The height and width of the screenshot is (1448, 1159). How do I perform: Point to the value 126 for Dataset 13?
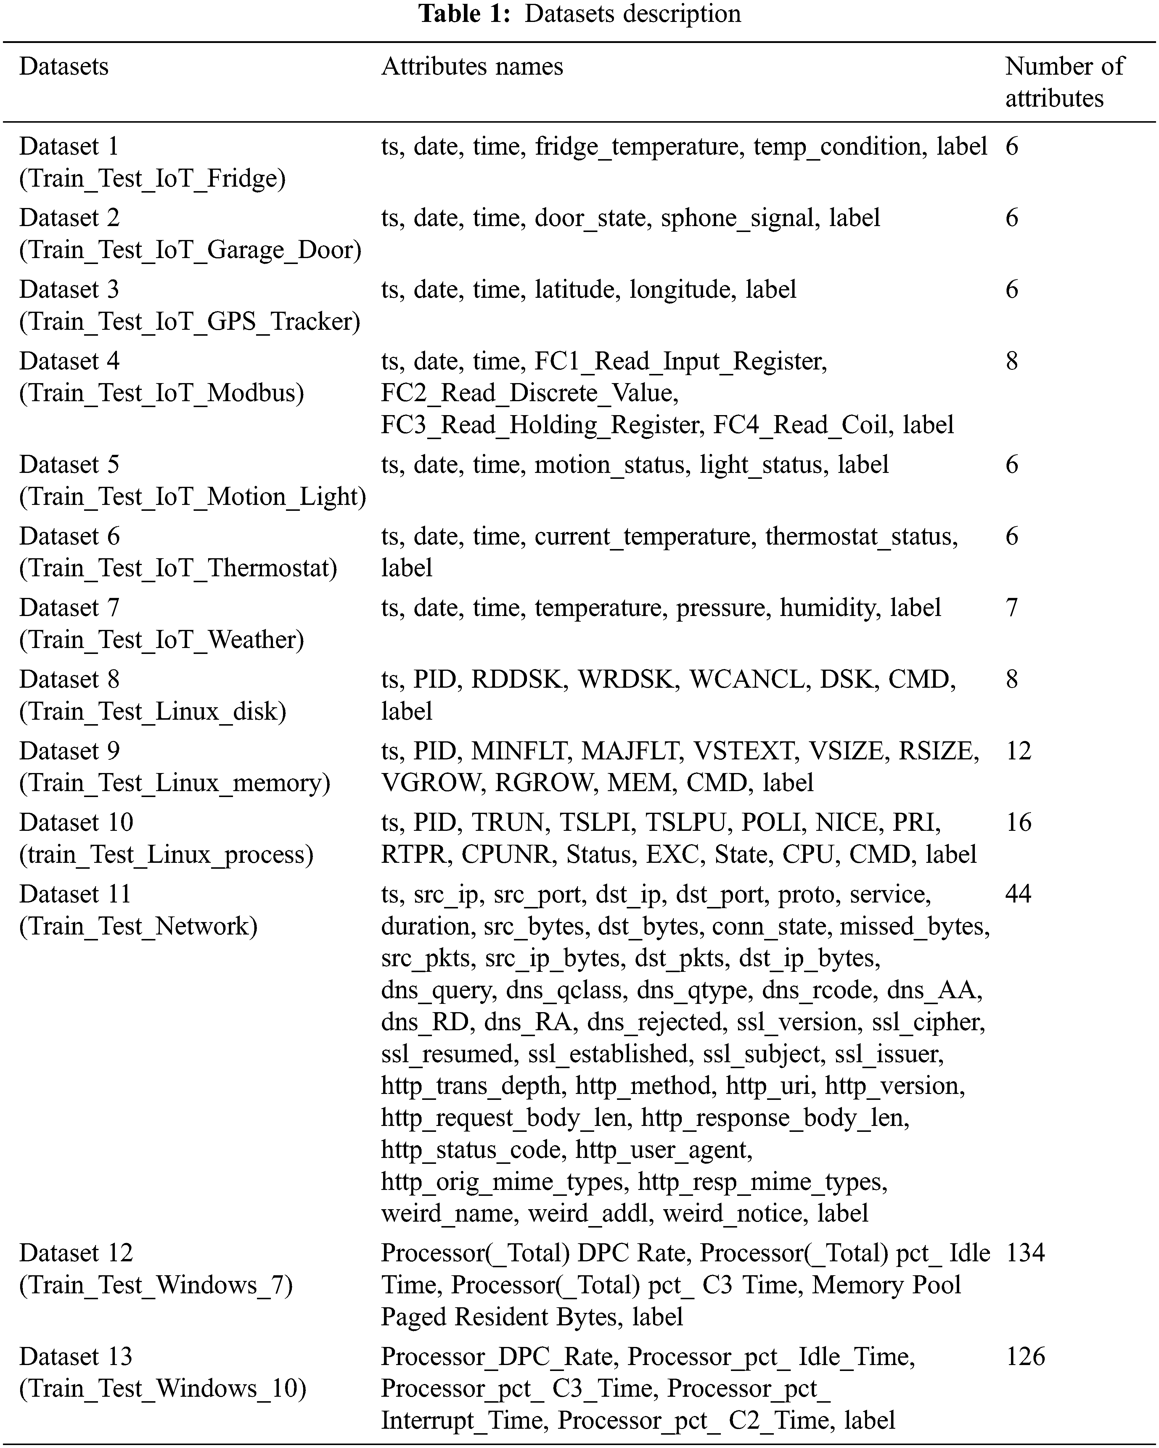click(x=1025, y=1357)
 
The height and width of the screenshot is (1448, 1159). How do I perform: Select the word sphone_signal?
click(x=737, y=218)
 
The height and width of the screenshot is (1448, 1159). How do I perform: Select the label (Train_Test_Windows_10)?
click(x=163, y=1388)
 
